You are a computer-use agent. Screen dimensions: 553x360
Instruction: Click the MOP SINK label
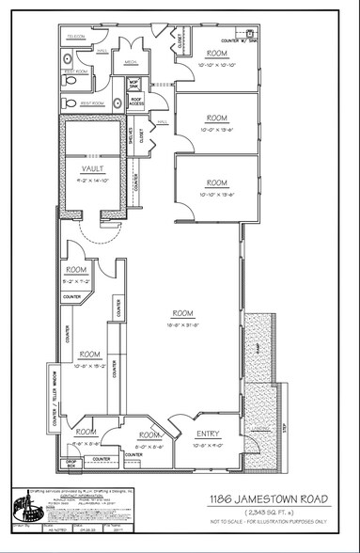point(133,86)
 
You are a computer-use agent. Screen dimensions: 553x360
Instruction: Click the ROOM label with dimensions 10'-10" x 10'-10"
point(216,55)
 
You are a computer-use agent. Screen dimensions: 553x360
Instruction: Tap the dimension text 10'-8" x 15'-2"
point(89,364)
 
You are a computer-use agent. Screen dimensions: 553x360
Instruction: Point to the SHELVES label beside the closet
point(132,140)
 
